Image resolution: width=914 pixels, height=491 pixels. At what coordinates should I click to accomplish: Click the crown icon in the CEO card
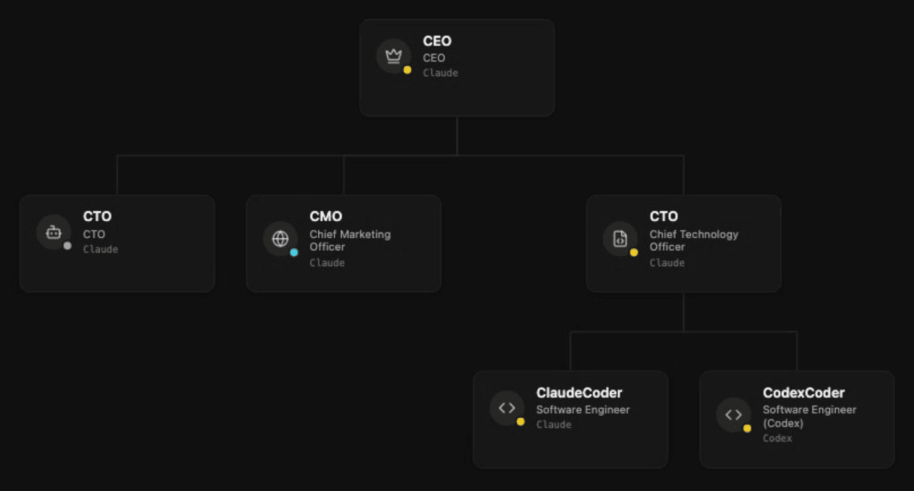(x=393, y=56)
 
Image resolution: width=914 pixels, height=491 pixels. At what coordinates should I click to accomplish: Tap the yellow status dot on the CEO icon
(x=407, y=70)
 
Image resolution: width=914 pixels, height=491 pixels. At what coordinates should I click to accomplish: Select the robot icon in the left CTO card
(x=53, y=232)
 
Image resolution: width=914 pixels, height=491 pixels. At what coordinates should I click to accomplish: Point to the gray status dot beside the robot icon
(x=67, y=246)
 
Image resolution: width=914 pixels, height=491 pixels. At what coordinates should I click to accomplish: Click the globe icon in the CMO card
(x=280, y=239)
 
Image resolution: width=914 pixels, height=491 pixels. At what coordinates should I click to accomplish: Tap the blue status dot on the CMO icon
(x=294, y=253)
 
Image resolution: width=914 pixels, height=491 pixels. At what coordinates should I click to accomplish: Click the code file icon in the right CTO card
(x=620, y=239)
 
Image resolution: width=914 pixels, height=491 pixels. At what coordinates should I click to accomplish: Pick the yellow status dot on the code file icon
(x=634, y=253)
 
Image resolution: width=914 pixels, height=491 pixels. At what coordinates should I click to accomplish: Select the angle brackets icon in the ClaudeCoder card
(x=507, y=408)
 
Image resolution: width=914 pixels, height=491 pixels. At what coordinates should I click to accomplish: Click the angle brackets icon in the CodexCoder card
(x=733, y=414)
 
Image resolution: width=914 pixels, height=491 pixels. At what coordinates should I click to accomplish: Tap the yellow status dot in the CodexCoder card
(x=747, y=428)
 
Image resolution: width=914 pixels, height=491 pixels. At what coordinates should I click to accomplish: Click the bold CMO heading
(x=325, y=216)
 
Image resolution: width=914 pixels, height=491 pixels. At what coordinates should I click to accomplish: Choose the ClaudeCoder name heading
(x=579, y=393)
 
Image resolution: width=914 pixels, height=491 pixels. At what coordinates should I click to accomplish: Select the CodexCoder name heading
(x=804, y=393)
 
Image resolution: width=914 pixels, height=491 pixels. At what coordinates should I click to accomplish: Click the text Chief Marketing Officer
(x=350, y=240)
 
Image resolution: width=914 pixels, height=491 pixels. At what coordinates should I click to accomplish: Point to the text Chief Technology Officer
(x=694, y=240)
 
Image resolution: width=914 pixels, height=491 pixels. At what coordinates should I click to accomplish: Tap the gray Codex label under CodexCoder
(x=777, y=438)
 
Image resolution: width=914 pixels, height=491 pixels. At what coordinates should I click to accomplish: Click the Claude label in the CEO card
(x=440, y=73)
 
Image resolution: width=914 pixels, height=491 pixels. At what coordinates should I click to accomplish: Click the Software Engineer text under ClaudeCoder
(x=582, y=409)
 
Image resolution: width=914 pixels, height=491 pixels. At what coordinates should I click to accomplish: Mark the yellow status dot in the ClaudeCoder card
(x=521, y=421)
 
